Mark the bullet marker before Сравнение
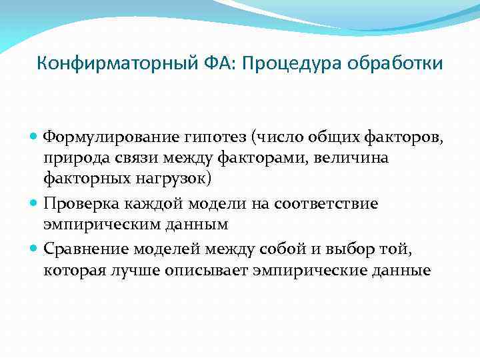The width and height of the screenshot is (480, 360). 35,249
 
